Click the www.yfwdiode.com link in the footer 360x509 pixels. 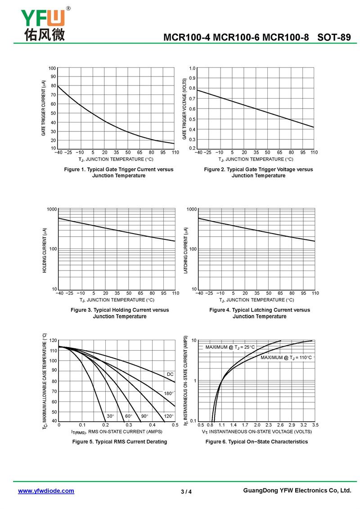click(x=46, y=491)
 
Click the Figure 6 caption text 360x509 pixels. click(x=256, y=441)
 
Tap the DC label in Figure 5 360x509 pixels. click(x=170, y=374)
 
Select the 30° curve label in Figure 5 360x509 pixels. click(x=110, y=416)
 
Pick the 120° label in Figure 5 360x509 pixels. click(x=169, y=416)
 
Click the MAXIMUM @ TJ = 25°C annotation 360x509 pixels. click(x=230, y=347)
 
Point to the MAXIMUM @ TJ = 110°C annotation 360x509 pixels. click(x=286, y=357)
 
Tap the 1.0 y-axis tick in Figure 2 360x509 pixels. click(x=192, y=68)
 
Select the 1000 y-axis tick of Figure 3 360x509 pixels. click(x=51, y=209)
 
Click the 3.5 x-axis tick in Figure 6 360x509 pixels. click(x=315, y=424)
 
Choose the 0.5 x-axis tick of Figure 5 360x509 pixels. click(x=175, y=424)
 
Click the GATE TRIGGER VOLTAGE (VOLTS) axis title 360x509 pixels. click(x=184, y=108)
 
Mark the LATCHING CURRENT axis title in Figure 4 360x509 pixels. click(x=185, y=250)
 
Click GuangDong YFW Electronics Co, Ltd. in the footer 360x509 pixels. click(x=297, y=491)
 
